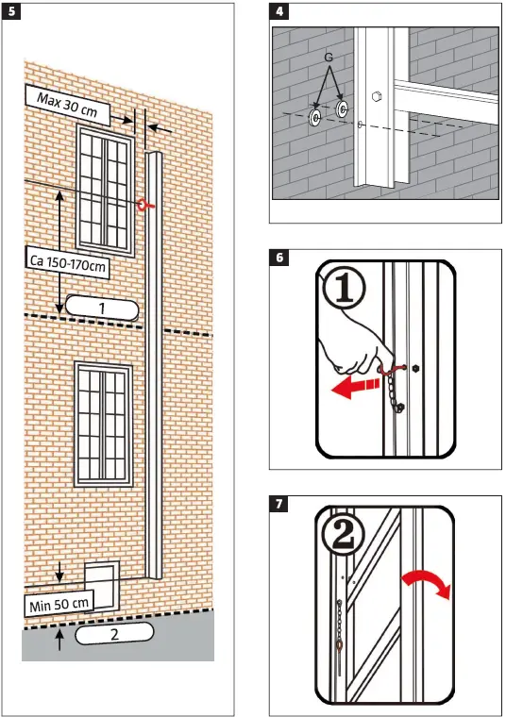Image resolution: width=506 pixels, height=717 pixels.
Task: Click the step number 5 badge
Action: click(10, 12)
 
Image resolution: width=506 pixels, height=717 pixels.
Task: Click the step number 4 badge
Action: click(279, 12)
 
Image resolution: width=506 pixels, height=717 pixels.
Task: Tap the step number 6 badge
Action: click(279, 257)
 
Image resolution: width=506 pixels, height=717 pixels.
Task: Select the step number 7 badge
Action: click(279, 503)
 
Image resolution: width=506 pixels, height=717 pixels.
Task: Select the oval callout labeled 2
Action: click(114, 634)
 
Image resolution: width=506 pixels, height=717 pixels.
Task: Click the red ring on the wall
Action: click(143, 204)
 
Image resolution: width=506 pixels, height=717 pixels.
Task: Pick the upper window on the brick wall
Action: click(105, 188)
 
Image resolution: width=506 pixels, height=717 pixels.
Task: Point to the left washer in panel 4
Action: click(313, 118)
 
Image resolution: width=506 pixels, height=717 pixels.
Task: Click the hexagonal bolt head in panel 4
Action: click(377, 95)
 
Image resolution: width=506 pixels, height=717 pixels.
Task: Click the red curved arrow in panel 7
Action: click(427, 585)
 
